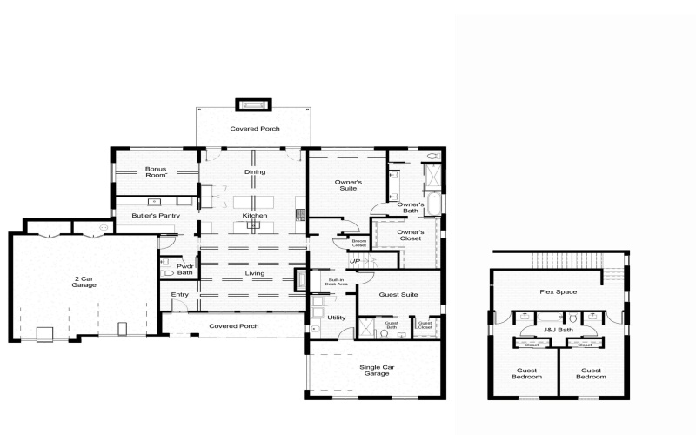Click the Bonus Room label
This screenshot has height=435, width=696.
point(156,171)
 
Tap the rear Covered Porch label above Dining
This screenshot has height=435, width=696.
point(255,129)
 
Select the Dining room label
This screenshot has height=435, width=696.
point(255,172)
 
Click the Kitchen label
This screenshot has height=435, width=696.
point(255,215)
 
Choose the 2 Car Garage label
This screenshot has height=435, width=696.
point(84,281)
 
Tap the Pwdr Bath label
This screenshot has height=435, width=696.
point(184,269)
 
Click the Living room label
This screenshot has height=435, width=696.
point(255,273)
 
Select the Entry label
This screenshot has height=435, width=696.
point(180,295)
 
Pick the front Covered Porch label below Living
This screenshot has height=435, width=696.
point(234,326)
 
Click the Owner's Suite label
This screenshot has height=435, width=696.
point(349,184)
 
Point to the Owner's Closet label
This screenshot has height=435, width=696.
point(411,235)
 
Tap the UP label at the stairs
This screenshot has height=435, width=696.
point(354,261)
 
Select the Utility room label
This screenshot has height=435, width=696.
point(337,318)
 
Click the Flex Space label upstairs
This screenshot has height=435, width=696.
point(559,291)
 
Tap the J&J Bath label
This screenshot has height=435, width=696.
point(559,330)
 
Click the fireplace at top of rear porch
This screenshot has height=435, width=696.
point(255,105)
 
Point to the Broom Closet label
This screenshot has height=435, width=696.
point(358,244)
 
